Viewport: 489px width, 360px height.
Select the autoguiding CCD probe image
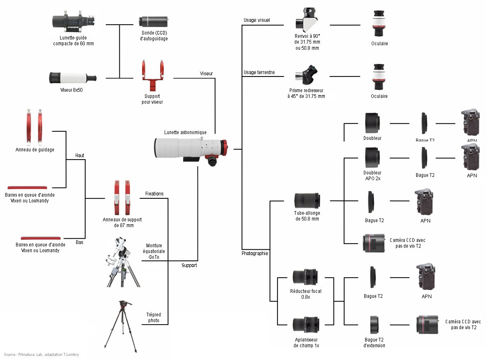pos(154,21)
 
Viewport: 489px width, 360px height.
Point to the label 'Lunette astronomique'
pos(185,132)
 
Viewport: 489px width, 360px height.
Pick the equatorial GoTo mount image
pos(122,262)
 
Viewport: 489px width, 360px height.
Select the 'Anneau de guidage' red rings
pos(35,126)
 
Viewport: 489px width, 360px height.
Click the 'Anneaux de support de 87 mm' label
pos(122,223)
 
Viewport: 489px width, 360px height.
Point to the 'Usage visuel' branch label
pos(257,20)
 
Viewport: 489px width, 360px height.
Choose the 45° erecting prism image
pos(306,76)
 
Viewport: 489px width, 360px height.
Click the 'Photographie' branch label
pos(255,253)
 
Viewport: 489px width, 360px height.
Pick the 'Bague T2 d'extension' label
pos(374,343)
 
